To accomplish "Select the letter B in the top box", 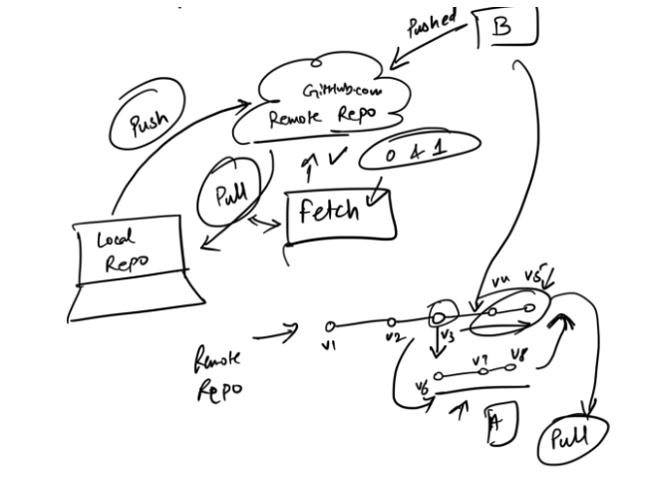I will [499, 27].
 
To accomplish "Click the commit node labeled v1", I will [330, 325].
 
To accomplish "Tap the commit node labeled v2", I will [391, 321].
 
